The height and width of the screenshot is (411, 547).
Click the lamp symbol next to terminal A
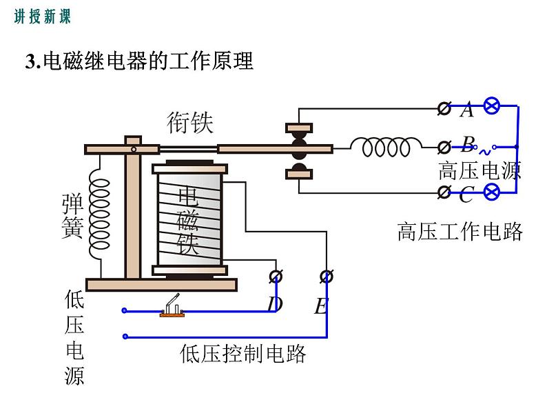[x=492, y=107]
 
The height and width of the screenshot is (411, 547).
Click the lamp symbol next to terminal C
[x=492, y=192]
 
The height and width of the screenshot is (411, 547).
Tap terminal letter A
[x=467, y=110]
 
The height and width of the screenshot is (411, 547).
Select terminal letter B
[x=468, y=144]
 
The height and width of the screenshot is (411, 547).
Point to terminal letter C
[x=466, y=196]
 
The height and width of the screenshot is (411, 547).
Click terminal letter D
[x=274, y=304]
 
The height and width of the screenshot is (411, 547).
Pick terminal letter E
[x=321, y=305]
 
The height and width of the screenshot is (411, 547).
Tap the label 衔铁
[x=190, y=123]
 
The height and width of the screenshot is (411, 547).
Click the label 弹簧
[x=73, y=217]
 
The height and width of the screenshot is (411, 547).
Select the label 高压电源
[x=479, y=170]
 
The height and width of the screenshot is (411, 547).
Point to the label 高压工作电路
[x=460, y=231]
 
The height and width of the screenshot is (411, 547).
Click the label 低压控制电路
[x=242, y=354]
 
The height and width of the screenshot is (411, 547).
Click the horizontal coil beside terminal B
[x=386, y=147]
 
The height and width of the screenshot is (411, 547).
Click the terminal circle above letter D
[x=276, y=277]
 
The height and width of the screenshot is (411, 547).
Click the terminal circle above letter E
[x=327, y=277]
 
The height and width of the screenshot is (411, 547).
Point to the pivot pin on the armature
[x=134, y=148]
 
